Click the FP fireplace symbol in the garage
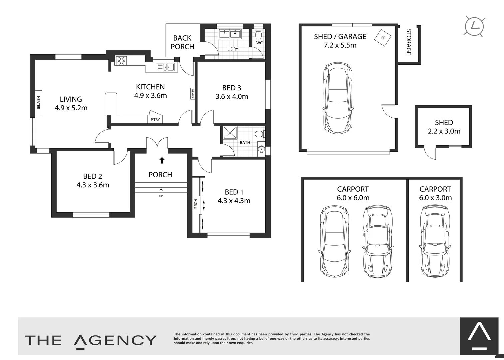pos(383,38)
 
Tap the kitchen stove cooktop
pos(121,60)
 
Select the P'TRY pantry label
pos(155,119)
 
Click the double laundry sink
pos(230,34)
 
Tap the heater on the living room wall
pos(38,103)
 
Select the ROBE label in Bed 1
pos(196,204)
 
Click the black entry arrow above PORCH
pos(162,160)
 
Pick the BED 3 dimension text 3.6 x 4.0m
pos(232,97)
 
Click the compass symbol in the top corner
pos(474,26)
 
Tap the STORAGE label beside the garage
pos(409,42)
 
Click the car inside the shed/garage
pos(337,98)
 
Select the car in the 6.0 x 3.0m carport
pos(435,241)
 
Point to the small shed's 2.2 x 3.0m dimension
pos(444,131)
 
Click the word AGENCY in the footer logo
pos(115,340)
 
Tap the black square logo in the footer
pos(479,336)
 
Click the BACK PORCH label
pos(182,42)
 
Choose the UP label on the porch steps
pos(161,196)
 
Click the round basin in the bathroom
pos(261,149)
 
